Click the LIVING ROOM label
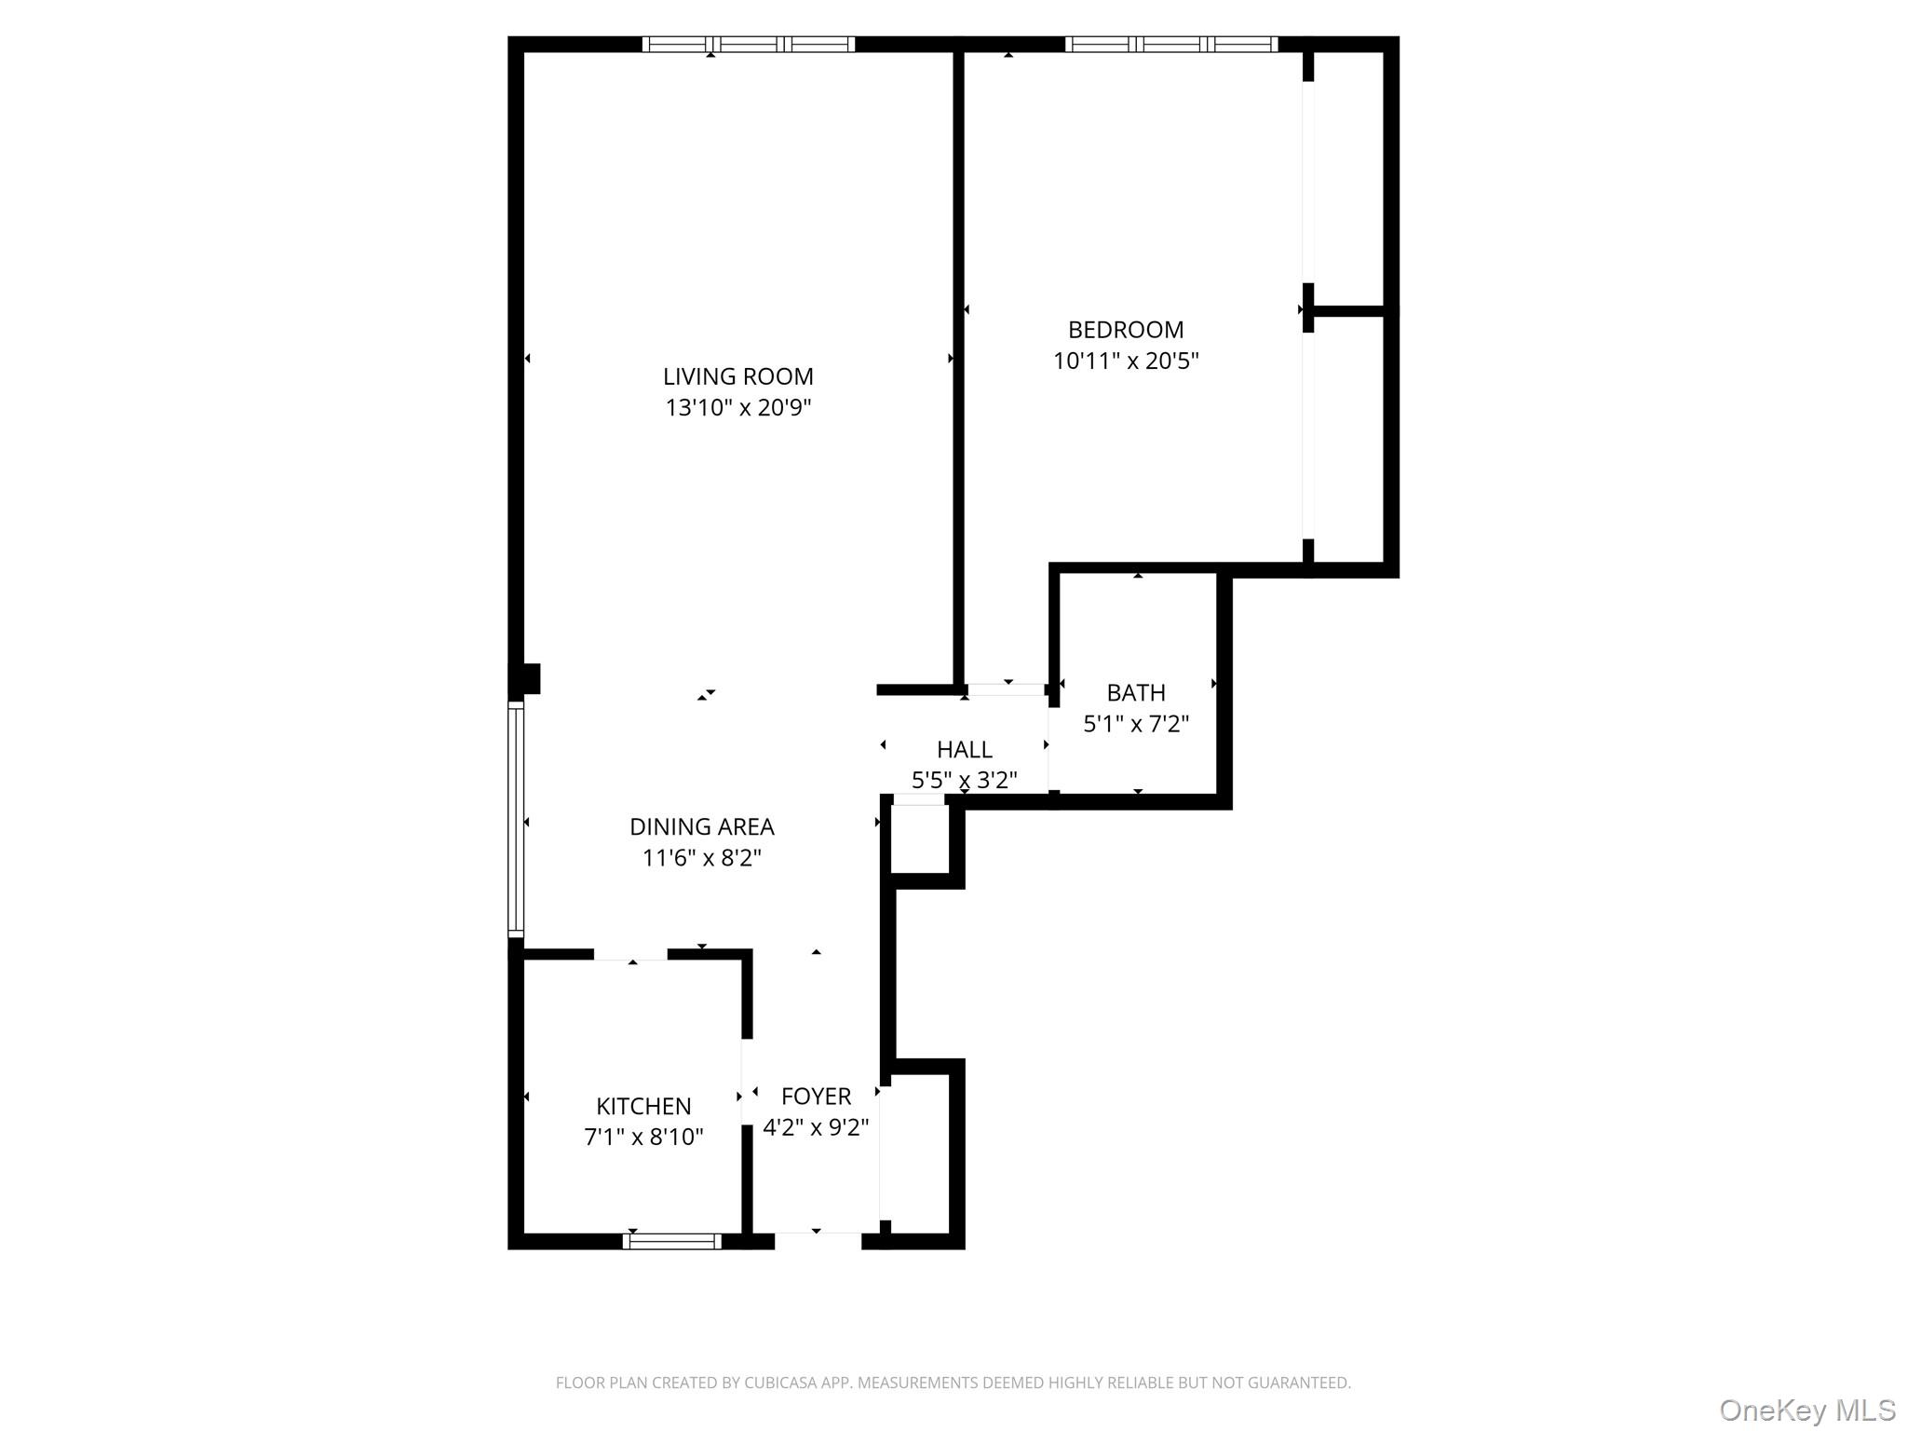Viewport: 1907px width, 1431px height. coord(737,376)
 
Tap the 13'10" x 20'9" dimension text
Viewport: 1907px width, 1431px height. coord(737,408)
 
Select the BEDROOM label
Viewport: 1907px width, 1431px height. coord(1125,330)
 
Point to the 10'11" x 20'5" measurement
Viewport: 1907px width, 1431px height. coord(1125,361)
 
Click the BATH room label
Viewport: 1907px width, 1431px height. coord(1135,693)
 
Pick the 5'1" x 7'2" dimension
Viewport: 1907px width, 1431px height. coord(1135,724)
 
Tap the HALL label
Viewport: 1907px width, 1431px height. coord(964,749)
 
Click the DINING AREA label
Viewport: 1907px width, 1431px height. coord(701,826)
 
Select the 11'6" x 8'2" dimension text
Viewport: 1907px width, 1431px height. coord(701,857)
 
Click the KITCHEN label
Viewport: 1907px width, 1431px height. coord(643,1106)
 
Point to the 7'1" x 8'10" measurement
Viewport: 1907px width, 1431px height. coord(643,1137)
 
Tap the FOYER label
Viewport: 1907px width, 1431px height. coord(816,1097)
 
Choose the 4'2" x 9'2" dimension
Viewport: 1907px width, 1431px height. coord(816,1127)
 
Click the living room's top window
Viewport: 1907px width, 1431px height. coord(748,44)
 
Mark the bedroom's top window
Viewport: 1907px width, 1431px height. coord(1170,44)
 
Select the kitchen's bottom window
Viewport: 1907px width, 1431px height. coord(671,1241)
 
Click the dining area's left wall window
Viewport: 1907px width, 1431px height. coord(515,819)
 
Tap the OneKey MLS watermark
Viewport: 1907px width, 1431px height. coord(1806,1410)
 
